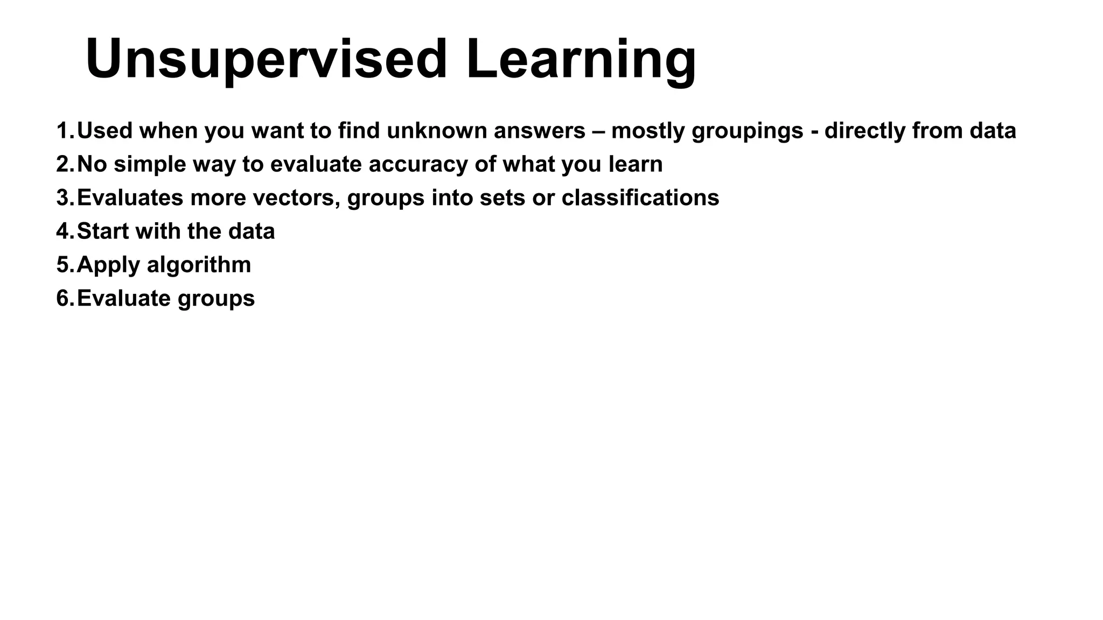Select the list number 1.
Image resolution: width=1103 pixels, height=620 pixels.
pos(64,131)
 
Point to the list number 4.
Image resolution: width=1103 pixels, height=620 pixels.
pos(64,231)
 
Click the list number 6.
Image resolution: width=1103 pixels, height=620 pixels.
pos(64,299)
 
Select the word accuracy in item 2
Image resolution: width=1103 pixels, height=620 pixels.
pos(418,165)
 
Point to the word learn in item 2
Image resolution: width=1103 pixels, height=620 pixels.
pos(636,165)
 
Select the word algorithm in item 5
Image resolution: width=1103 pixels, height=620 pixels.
pos(199,265)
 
